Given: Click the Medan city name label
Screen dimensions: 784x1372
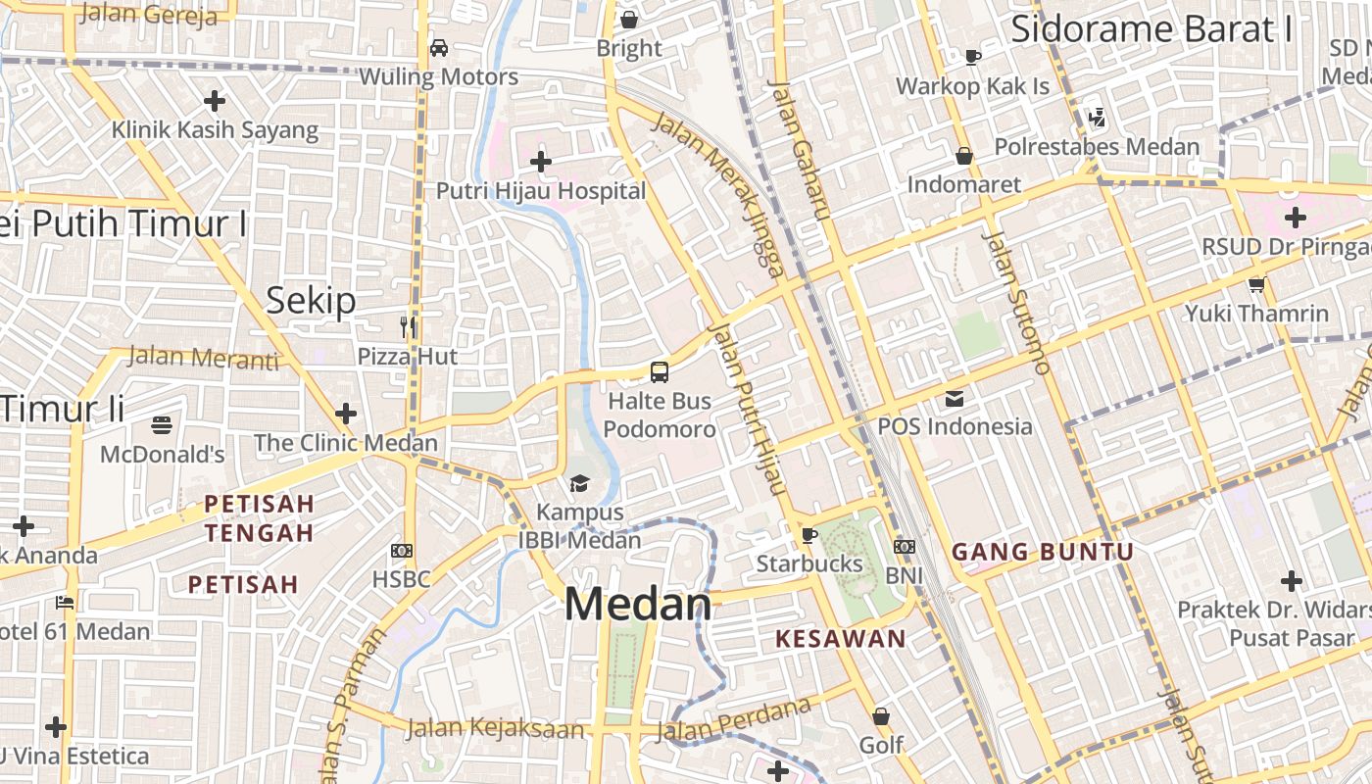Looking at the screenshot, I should pyautogui.click(x=638, y=605).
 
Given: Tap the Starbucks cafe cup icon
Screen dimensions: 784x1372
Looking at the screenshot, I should pyautogui.click(x=808, y=535).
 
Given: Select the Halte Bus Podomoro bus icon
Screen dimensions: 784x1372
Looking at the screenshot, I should pyautogui.click(x=660, y=372).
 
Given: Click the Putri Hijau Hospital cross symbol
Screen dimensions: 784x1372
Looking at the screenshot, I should pyautogui.click(x=540, y=162).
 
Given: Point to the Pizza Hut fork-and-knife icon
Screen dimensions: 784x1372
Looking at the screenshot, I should pyautogui.click(x=409, y=326).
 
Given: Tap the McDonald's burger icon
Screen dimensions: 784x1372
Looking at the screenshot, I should pyautogui.click(x=163, y=425).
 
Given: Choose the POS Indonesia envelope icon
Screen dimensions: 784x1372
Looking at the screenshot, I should pyautogui.click(x=955, y=399).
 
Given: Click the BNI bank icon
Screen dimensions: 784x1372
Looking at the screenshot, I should pyautogui.click(x=904, y=547).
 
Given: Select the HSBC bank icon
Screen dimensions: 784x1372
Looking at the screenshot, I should pyautogui.click(x=402, y=551).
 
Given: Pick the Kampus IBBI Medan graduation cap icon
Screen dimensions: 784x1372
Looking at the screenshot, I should pyautogui.click(x=579, y=483).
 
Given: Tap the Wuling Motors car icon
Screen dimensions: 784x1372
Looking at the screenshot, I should pyautogui.click(x=439, y=48).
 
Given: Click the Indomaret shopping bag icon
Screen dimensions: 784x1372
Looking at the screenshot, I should pyautogui.click(x=964, y=156).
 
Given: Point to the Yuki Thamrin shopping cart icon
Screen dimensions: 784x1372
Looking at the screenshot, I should pyautogui.click(x=1256, y=285).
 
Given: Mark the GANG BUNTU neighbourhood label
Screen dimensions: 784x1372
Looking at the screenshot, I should pyautogui.click(x=1043, y=552).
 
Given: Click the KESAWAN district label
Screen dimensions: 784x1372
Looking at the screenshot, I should pyautogui.click(x=841, y=639).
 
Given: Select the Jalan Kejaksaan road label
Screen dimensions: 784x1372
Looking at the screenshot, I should pyautogui.click(x=495, y=728).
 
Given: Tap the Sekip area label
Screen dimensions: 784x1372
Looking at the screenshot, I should pyautogui.click(x=311, y=301).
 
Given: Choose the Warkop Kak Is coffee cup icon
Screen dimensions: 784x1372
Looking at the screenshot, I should pyautogui.click(x=972, y=57).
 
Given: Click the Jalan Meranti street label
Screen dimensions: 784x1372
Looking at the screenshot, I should pyautogui.click(x=203, y=358).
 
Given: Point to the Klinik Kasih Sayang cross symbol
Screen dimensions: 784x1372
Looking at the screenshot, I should pyautogui.click(x=215, y=101).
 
